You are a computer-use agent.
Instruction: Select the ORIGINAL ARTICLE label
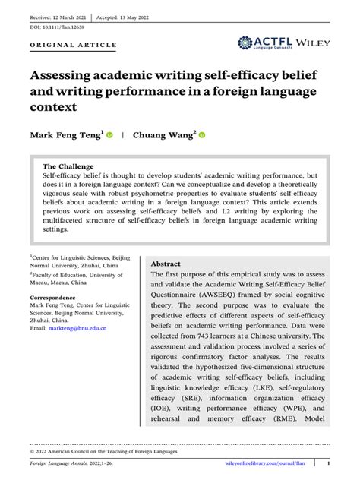coord(73,45)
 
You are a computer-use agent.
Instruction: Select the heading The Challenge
coord(68,166)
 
